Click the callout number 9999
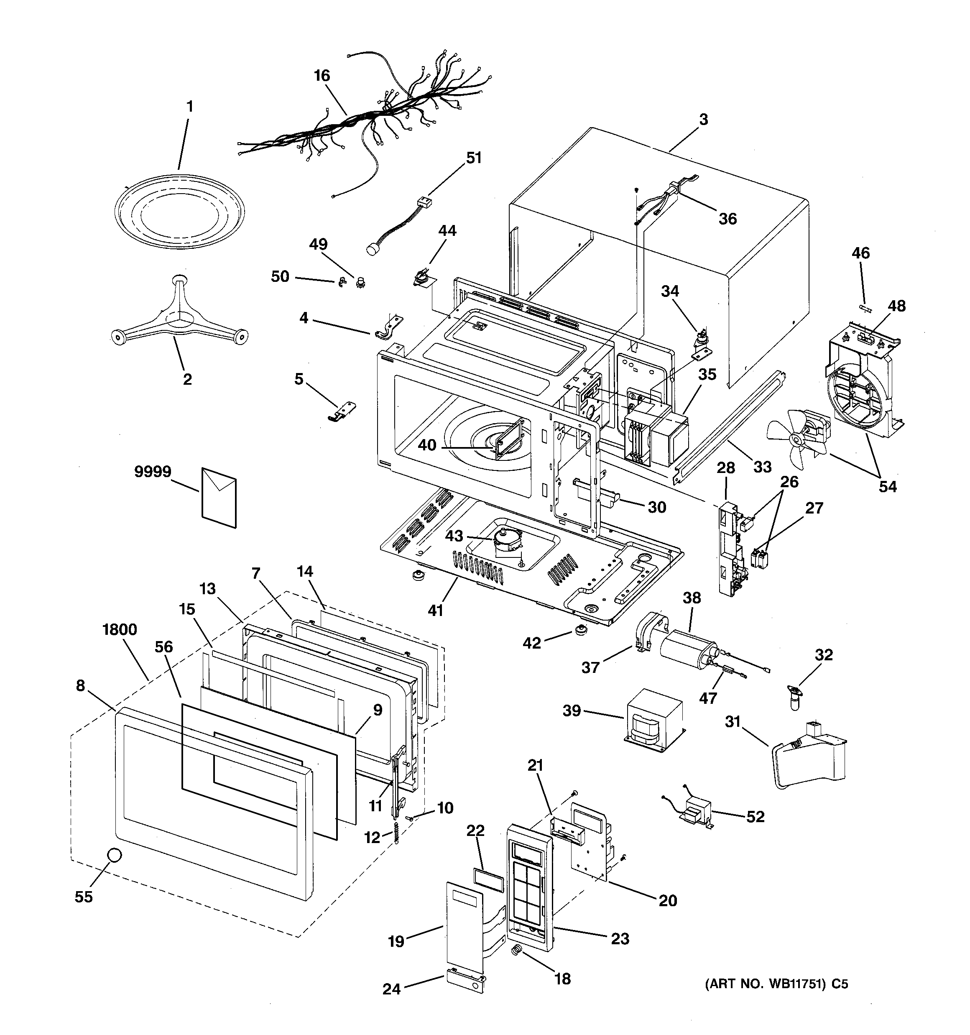pos(153,472)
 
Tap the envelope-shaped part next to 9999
pos(219,496)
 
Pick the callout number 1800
pos(120,629)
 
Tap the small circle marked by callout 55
pos(114,855)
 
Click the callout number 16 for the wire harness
pos(322,76)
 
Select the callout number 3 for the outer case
pos(703,119)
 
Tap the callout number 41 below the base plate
pos(435,610)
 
